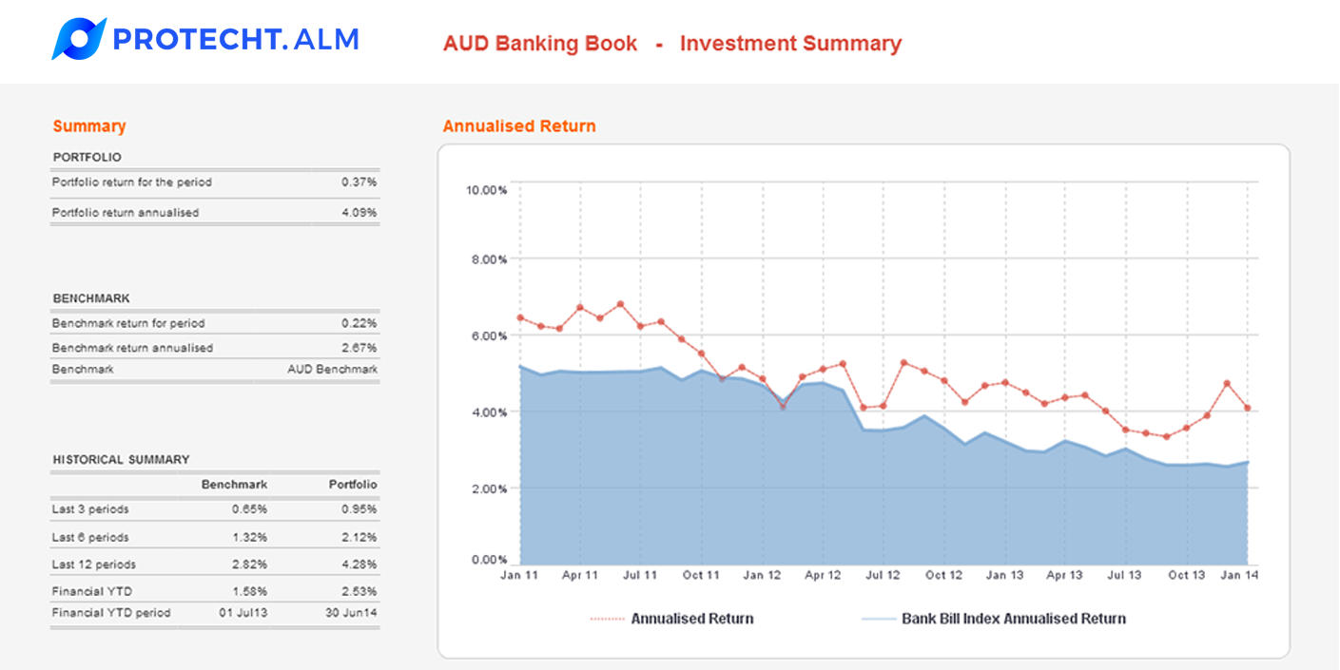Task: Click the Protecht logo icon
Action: click(x=78, y=39)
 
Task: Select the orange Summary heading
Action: click(x=89, y=126)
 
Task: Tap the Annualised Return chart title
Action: click(x=519, y=126)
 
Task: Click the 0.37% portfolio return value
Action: click(x=359, y=182)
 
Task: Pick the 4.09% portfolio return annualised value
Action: click(x=359, y=213)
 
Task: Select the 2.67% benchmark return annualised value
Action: click(x=359, y=348)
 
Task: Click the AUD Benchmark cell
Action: click(x=332, y=369)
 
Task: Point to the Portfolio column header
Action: click(x=353, y=485)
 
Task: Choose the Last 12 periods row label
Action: click(x=93, y=565)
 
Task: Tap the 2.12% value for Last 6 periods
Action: click(x=359, y=537)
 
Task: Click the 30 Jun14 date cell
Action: click(x=351, y=613)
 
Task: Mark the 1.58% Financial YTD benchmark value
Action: click(x=249, y=591)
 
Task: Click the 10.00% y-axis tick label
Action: click(x=485, y=190)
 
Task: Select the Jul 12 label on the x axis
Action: click(x=883, y=575)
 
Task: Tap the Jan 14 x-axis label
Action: click(x=1238, y=575)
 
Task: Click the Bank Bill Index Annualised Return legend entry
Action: click(x=1013, y=619)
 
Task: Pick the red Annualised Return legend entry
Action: click(x=691, y=619)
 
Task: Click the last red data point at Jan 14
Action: click(x=1246, y=409)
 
